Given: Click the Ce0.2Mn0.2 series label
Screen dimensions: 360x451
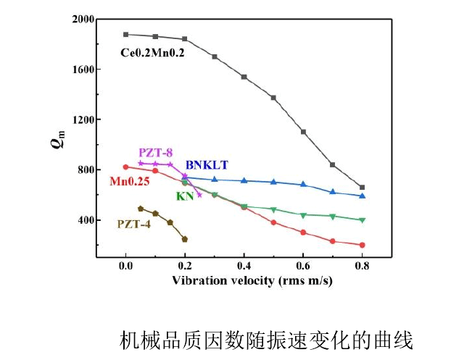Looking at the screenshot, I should click(152, 52).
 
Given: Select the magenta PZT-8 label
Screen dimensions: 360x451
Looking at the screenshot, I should click(155, 152).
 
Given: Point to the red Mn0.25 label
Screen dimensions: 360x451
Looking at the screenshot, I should click(129, 182).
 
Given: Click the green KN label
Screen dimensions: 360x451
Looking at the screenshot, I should click(184, 196).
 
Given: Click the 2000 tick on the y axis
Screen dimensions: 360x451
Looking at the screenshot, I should click(83, 20).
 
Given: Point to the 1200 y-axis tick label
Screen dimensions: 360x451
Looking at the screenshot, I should click(83, 120).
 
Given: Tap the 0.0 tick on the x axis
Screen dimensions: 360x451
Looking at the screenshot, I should click(125, 267).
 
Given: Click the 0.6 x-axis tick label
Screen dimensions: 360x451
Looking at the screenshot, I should click(303, 267).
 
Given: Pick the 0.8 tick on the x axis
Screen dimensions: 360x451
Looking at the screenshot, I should click(363, 267).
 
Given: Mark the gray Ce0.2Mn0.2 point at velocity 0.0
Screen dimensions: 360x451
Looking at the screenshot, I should click(125, 34).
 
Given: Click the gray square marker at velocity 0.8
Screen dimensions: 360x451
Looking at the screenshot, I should click(363, 187).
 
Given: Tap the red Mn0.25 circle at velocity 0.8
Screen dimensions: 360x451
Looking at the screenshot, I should click(363, 245).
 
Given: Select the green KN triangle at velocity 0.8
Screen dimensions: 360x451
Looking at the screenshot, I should click(363, 220).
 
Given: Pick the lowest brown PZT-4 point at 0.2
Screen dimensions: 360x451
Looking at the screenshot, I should click(185, 239).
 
